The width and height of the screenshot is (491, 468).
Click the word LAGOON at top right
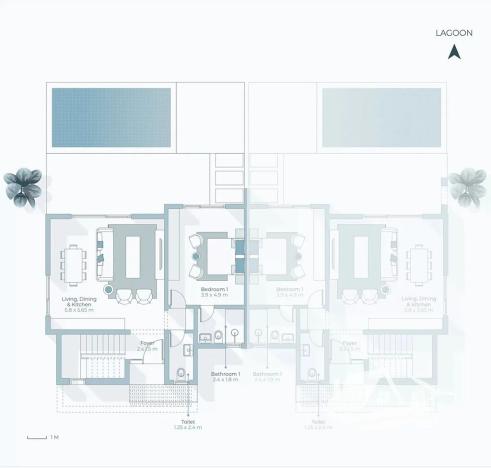[x=453, y=32]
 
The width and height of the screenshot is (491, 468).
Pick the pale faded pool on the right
[x=380, y=107]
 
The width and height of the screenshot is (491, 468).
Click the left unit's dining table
[x=74, y=266]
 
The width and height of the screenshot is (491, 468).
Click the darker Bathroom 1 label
[x=227, y=376]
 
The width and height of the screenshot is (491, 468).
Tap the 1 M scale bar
[x=38, y=437]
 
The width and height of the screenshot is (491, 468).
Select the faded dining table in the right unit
[x=416, y=266]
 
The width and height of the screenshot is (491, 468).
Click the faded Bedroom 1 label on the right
[x=289, y=292]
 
